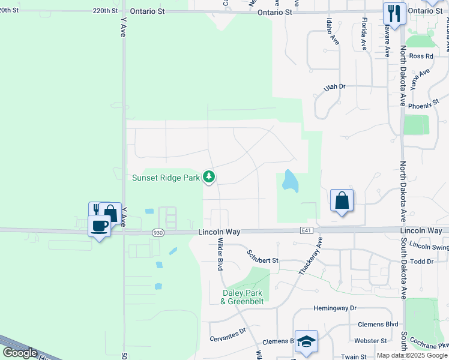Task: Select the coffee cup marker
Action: pos(100,226)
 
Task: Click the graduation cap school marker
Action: pos(306,341)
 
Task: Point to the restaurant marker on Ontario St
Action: pos(394,13)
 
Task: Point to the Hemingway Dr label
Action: pos(335,308)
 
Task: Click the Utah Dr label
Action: pos(335,87)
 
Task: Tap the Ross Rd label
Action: pos(421,56)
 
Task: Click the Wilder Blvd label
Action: pos(220,256)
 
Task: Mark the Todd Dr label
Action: pos(422,262)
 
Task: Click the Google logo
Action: pos(20,353)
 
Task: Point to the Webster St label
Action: pos(370,341)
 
